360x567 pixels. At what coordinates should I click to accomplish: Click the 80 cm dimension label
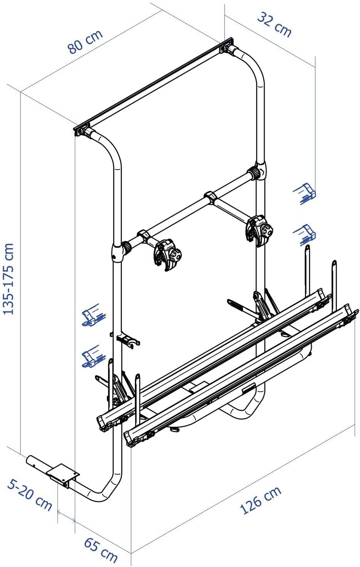click(85, 42)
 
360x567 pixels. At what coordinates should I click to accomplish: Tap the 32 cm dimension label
click(274, 25)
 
